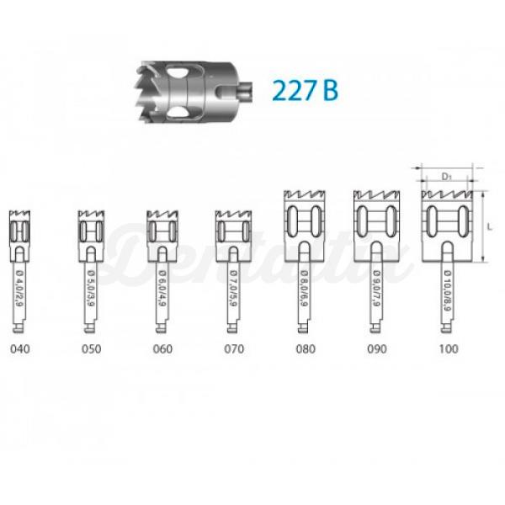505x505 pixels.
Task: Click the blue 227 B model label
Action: pos(305,88)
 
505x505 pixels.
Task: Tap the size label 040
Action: pos(19,348)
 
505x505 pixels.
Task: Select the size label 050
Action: pos(90,348)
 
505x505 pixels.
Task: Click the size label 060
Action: pos(162,348)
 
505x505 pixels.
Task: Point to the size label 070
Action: pos(232,348)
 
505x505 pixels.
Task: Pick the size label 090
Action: pos(376,348)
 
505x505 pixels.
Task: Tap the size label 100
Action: pos(449,348)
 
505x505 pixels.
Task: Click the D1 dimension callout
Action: pos(449,177)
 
